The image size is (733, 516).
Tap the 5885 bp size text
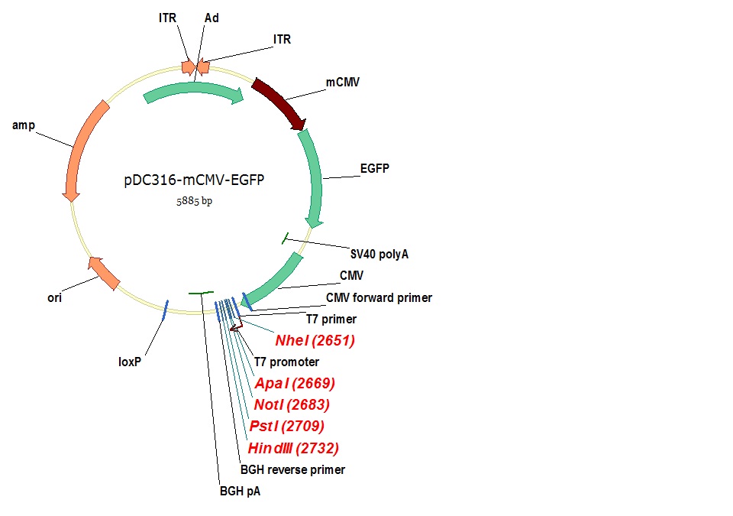pyautogui.click(x=194, y=202)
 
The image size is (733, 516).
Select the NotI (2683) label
pyautogui.click(x=291, y=404)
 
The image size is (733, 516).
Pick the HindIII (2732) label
pyautogui.click(x=293, y=448)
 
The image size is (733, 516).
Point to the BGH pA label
pyautogui.click(x=240, y=492)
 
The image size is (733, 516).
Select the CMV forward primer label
pyautogui.click(x=379, y=297)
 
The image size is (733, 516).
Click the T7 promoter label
pyautogui.click(x=286, y=362)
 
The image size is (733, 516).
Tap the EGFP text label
pyautogui.click(x=374, y=169)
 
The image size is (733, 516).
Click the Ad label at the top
pyautogui.click(x=212, y=18)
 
